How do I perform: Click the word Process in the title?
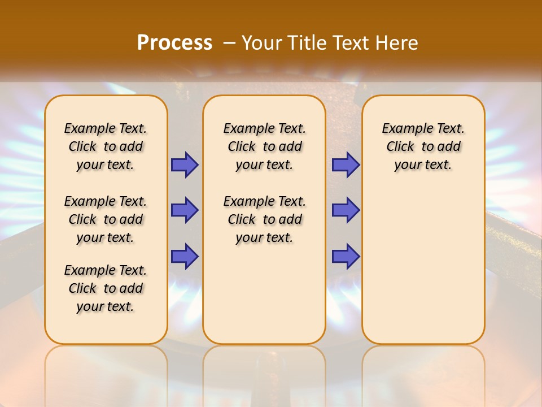tap(174, 42)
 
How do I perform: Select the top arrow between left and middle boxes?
tap(185, 164)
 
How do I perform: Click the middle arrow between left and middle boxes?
tap(185, 210)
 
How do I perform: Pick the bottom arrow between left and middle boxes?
tap(185, 256)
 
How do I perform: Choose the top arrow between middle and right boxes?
tap(346, 164)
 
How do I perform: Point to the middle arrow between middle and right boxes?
tap(346, 210)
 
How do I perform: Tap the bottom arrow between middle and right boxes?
tap(346, 256)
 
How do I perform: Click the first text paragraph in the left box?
tap(106, 146)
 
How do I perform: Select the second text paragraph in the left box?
tap(106, 219)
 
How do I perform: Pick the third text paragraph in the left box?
tap(106, 288)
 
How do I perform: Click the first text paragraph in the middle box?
tap(264, 146)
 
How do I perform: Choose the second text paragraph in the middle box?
tap(264, 219)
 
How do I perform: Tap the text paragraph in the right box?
tap(423, 146)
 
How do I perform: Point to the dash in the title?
tap(229, 42)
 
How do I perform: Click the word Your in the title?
tap(262, 42)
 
